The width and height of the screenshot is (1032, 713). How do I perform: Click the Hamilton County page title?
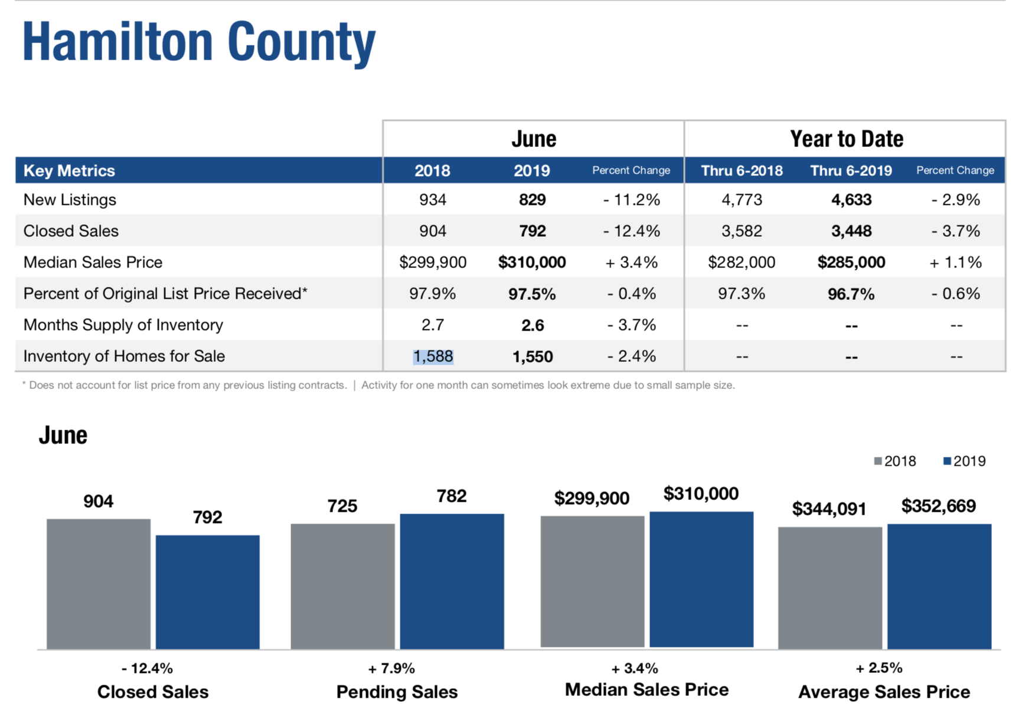click(198, 42)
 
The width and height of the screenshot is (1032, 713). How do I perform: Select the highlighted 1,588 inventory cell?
click(433, 356)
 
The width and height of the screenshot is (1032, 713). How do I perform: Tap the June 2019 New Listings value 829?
click(532, 200)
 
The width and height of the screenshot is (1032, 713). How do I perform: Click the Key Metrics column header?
click(69, 171)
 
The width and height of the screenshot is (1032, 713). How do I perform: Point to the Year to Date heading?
click(846, 139)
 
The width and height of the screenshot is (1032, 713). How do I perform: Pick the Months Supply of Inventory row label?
click(123, 325)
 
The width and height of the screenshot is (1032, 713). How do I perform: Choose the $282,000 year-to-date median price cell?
click(742, 263)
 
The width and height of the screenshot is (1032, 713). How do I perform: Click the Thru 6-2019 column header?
click(851, 171)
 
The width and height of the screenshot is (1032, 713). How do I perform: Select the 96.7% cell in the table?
click(851, 294)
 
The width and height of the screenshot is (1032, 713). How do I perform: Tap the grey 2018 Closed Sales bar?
click(99, 584)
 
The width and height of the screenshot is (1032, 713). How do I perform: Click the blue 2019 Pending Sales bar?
click(452, 581)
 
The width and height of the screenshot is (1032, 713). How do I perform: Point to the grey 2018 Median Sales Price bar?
click(592, 581)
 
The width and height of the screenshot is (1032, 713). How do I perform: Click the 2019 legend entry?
click(964, 462)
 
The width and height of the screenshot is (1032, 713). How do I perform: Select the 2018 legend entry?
click(895, 462)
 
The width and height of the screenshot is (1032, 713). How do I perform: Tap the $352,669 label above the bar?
click(938, 506)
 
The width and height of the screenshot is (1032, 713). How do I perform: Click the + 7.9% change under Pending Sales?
click(391, 669)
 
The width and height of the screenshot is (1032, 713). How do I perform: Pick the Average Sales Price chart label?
click(884, 692)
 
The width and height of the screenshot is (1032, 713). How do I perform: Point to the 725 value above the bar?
click(342, 506)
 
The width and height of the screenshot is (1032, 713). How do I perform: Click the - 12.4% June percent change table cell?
click(631, 231)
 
